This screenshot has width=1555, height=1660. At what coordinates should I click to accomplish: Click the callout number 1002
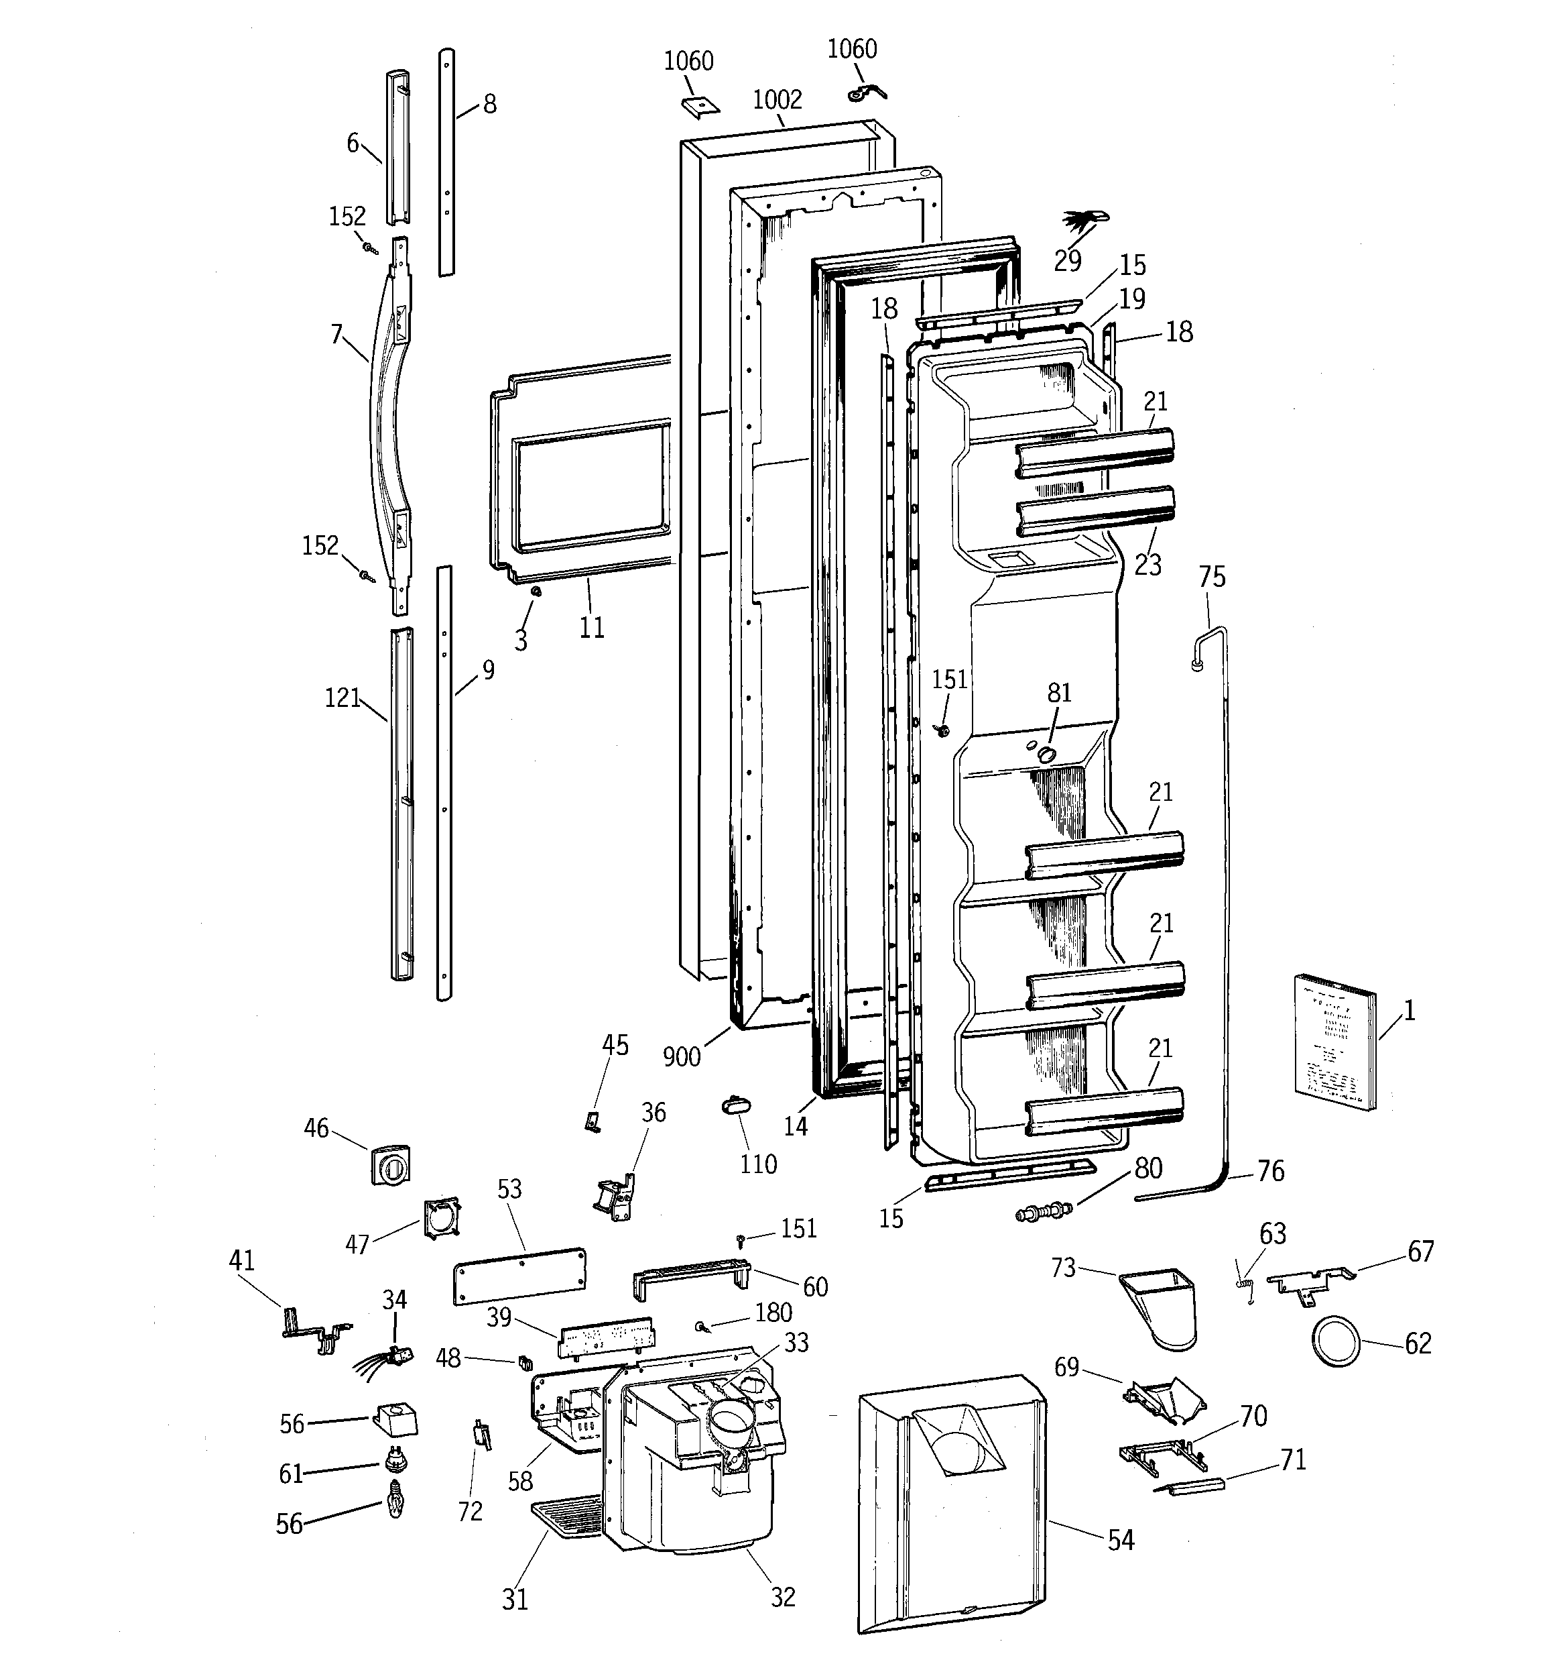[x=776, y=100]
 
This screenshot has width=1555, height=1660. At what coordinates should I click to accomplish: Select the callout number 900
[x=681, y=1056]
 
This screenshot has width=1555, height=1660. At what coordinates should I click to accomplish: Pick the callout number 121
[x=343, y=698]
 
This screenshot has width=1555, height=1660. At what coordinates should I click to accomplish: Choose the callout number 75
[x=1211, y=577]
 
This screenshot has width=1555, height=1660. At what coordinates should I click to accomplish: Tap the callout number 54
[x=1120, y=1541]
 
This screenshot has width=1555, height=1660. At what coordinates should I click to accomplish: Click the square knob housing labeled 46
[x=391, y=1164]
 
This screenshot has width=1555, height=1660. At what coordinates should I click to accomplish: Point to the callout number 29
[x=1068, y=262]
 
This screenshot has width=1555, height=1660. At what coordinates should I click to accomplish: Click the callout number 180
[x=773, y=1312]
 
